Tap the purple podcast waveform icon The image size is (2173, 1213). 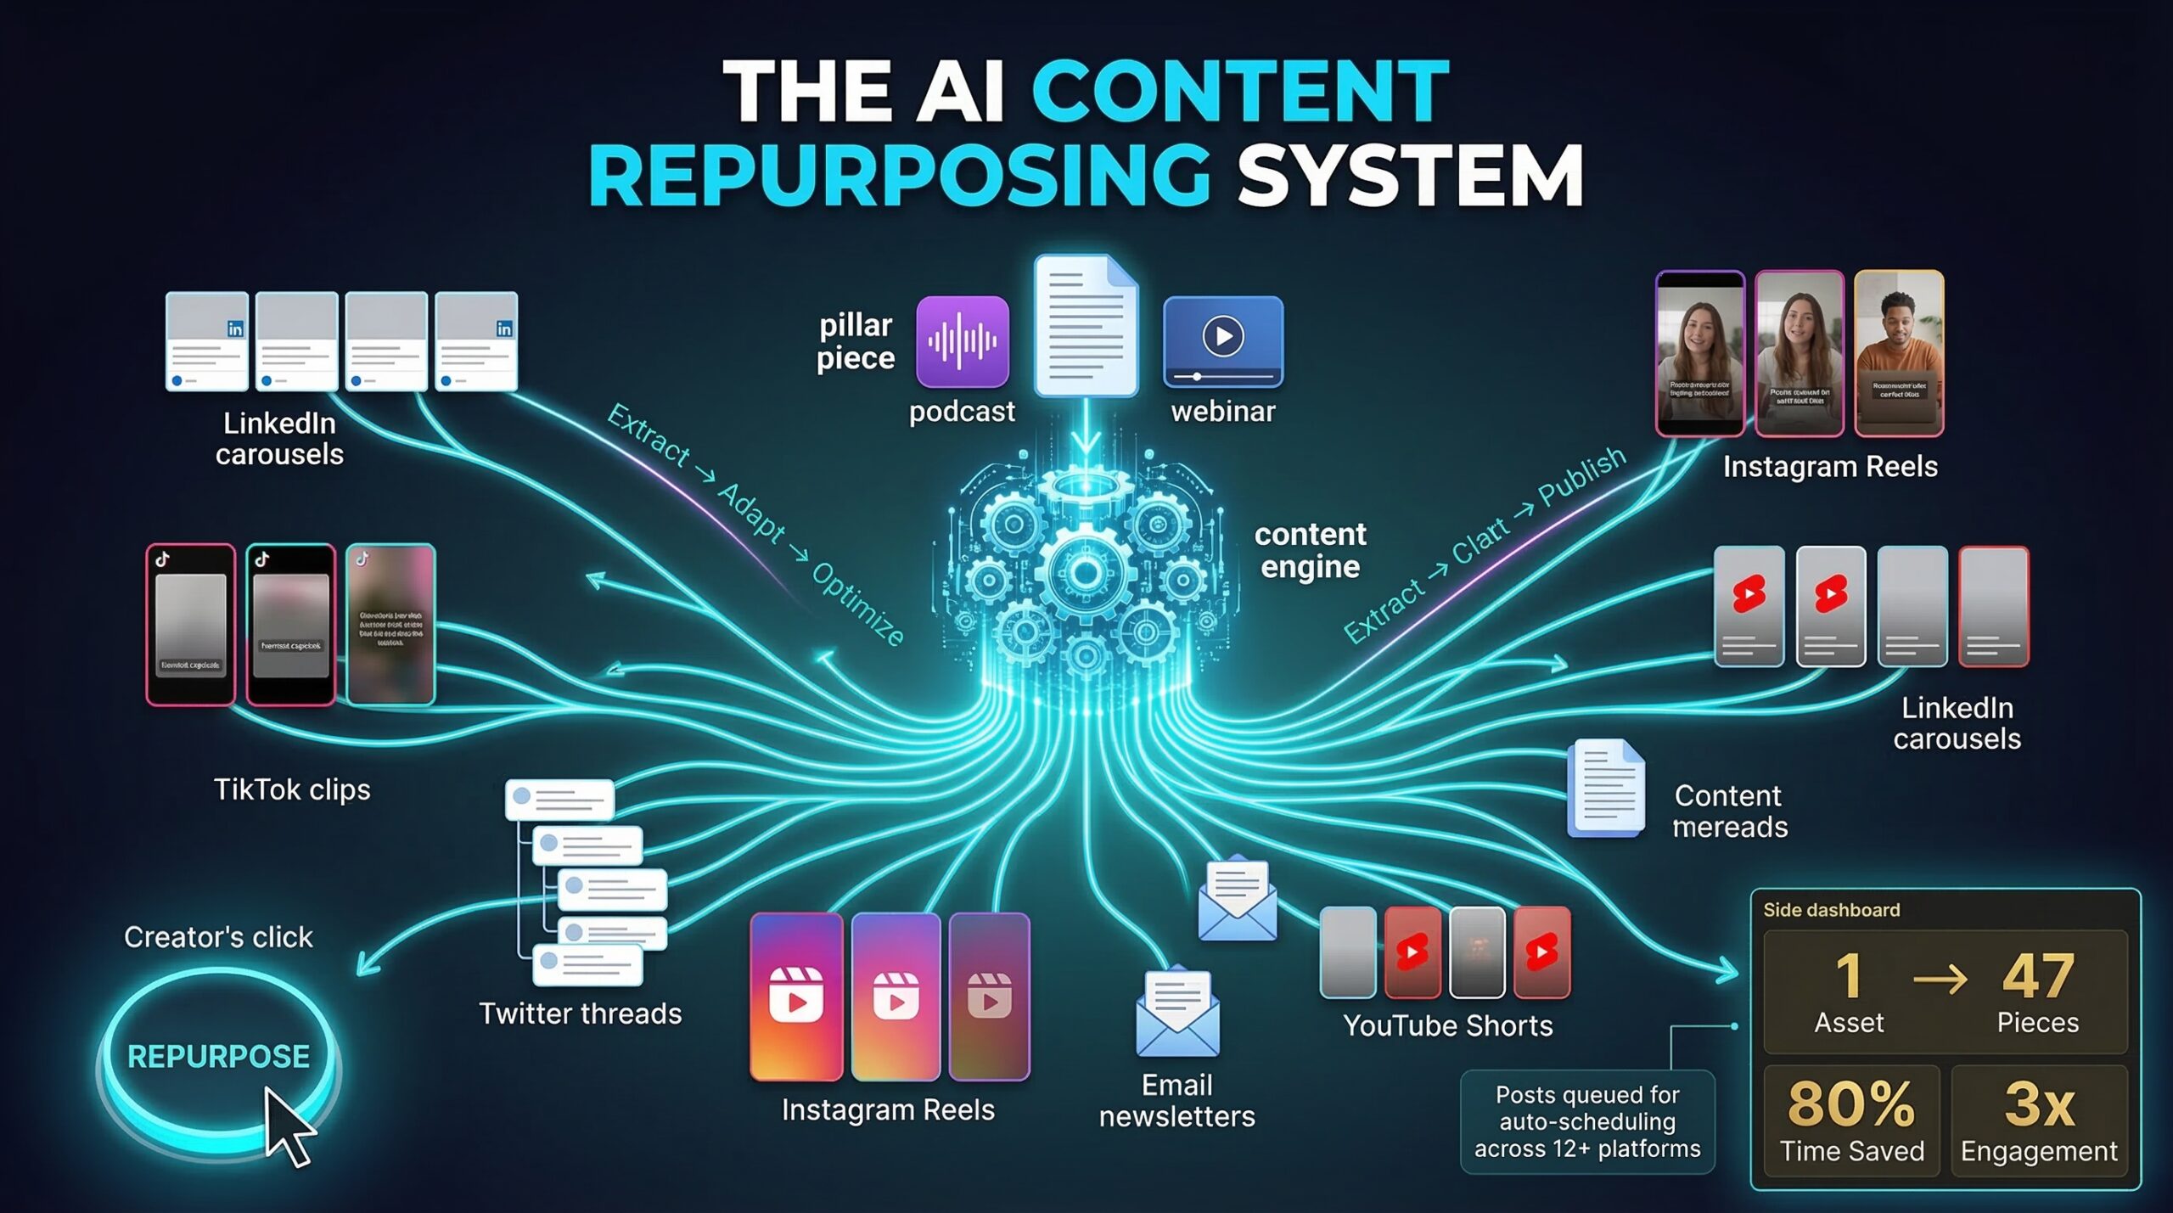(962, 341)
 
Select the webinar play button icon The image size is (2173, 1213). (1222, 337)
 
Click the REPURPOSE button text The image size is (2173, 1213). (218, 1056)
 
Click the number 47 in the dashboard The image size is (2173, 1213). (2037, 976)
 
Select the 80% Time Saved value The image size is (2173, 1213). (1850, 1103)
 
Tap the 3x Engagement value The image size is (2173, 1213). (2039, 1103)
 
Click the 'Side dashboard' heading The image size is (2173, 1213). (1831, 910)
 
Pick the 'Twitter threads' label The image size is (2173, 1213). (580, 1014)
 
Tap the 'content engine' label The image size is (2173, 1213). (1310, 550)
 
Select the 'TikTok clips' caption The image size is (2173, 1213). (291, 789)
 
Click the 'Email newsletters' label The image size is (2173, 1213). (1176, 1100)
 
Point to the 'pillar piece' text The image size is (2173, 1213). (855, 341)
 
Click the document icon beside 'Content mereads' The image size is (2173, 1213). (1605, 789)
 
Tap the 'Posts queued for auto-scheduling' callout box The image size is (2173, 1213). (1586, 1121)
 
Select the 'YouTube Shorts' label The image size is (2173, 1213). (1447, 1025)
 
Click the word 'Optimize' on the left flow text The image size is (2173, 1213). (857, 604)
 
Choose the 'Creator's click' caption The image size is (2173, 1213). (218, 937)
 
